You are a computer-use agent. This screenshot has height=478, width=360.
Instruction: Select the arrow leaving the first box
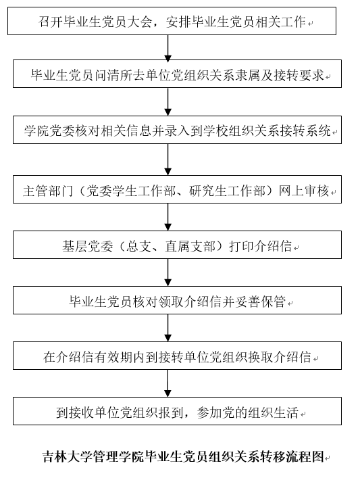point(168,49)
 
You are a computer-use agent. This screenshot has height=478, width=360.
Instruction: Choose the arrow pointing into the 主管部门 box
point(168,160)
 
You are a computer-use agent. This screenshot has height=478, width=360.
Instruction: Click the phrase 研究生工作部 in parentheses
point(228,191)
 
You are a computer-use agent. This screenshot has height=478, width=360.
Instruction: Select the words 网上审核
point(304,191)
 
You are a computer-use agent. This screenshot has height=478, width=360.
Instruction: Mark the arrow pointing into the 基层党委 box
point(168,217)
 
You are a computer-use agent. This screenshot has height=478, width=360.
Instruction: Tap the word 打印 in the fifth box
point(242,246)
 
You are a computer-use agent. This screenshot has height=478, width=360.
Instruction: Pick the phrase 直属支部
point(190,246)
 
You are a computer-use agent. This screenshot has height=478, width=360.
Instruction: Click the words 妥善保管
point(261,302)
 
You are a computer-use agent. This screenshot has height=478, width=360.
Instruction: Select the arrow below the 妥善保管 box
point(168,328)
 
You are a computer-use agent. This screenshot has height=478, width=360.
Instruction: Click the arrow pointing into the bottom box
point(168,383)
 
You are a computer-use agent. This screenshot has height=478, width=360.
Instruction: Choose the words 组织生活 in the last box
point(273,412)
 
